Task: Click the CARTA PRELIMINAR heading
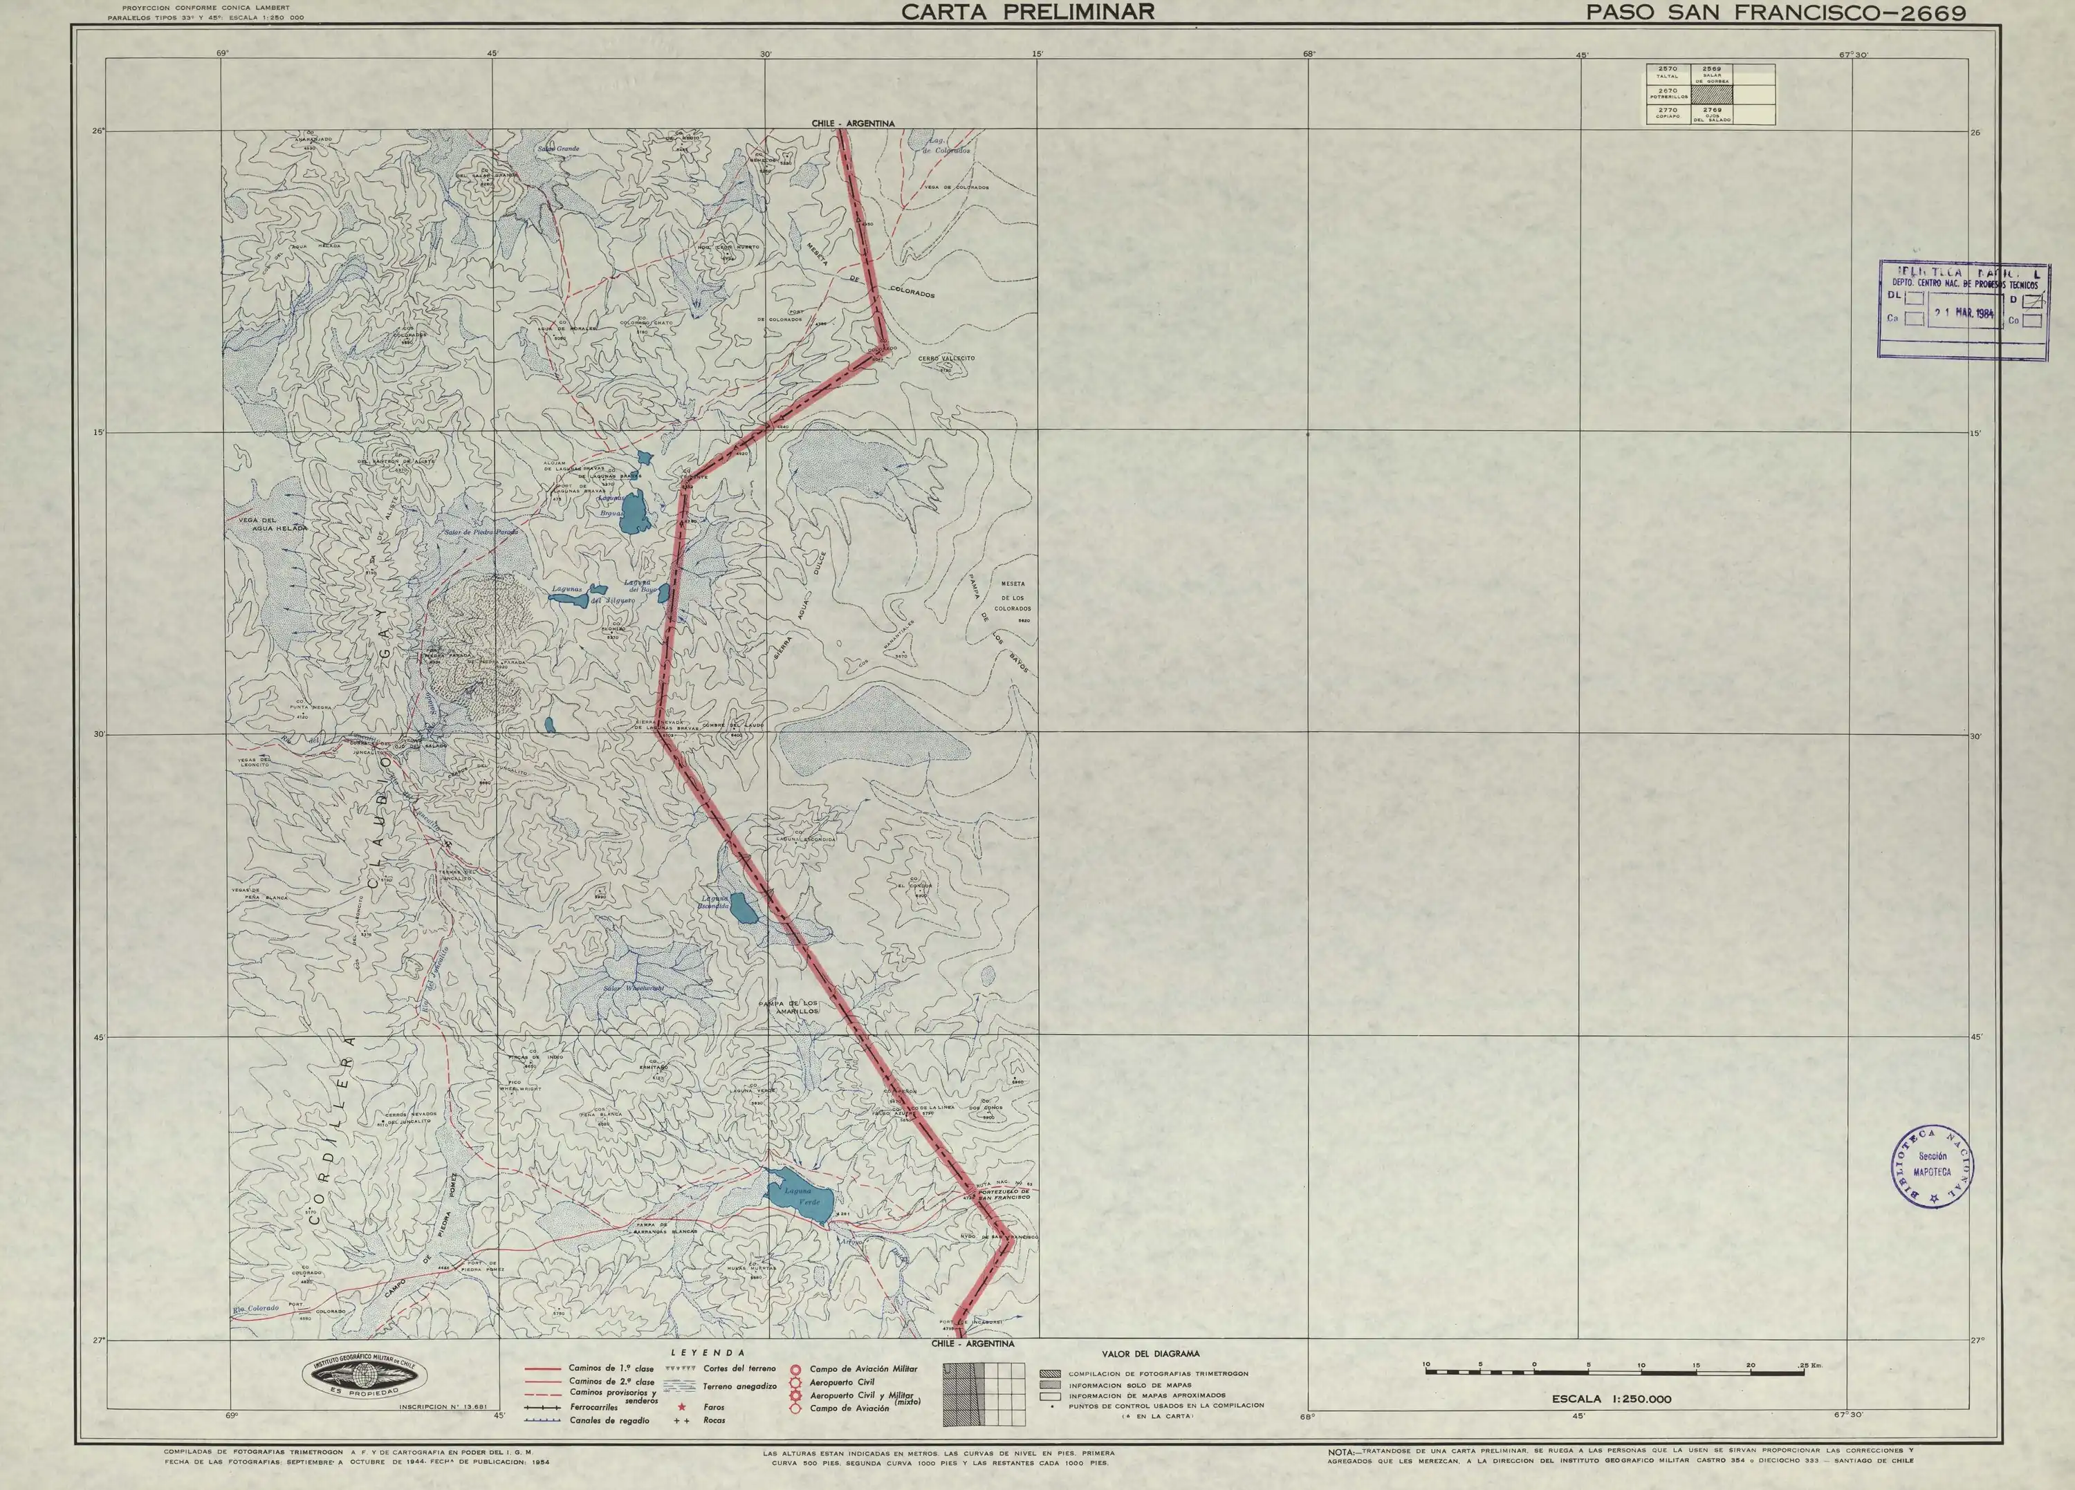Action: pos(1027,12)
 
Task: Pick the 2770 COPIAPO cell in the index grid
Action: pos(1667,114)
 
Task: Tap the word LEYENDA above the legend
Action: pos(709,1352)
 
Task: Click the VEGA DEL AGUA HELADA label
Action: pos(273,524)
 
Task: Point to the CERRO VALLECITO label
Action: pos(947,359)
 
